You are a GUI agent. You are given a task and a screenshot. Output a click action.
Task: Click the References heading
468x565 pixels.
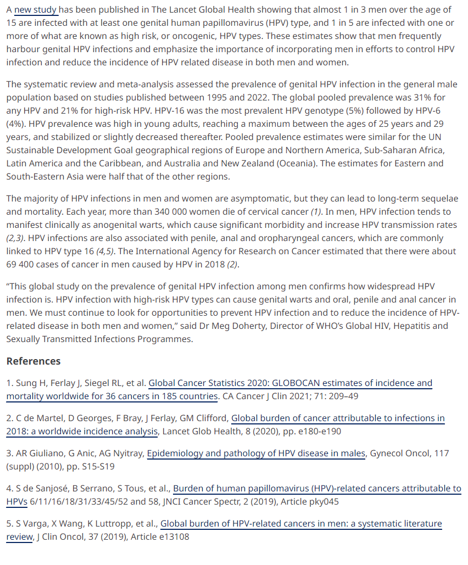(x=34, y=361)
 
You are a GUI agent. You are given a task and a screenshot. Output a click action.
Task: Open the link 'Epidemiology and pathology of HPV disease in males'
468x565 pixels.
(x=255, y=454)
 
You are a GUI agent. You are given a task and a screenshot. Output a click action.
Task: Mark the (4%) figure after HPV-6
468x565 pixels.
(x=16, y=124)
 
